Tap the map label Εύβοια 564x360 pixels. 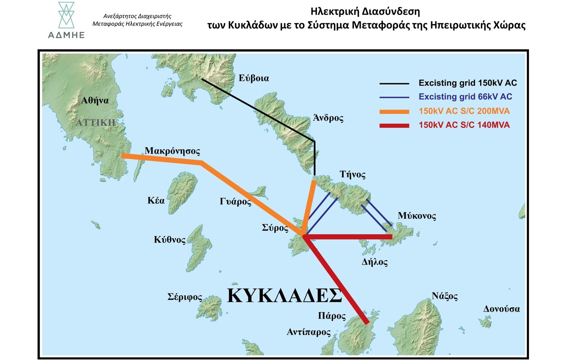click(x=254, y=78)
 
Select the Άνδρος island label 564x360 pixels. click(x=328, y=118)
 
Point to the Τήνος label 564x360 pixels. click(x=352, y=175)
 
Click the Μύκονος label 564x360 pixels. click(x=416, y=215)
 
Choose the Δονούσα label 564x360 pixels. click(x=502, y=309)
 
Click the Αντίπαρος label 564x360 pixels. click(x=308, y=332)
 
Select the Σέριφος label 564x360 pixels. click(x=184, y=297)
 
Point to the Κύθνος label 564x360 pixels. click(x=170, y=240)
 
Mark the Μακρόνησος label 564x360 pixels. click(x=172, y=150)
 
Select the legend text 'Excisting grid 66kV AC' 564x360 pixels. click(x=465, y=97)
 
